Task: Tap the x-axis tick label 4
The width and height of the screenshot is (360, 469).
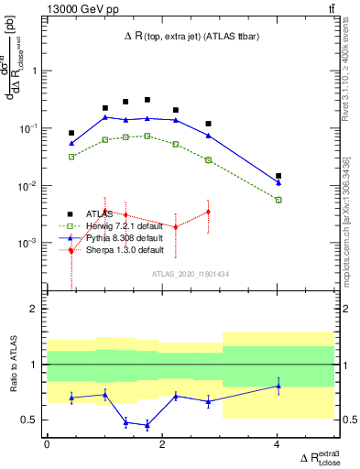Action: click(278, 444)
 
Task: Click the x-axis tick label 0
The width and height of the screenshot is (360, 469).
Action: click(48, 444)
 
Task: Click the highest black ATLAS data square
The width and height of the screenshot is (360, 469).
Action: click(147, 100)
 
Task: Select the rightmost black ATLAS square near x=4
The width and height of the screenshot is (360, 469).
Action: click(278, 176)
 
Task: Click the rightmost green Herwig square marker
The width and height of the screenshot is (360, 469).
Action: click(278, 200)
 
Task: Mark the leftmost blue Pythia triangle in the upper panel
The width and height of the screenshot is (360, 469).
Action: click(71, 143)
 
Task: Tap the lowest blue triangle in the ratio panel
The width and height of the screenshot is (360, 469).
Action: click(147, 425)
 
